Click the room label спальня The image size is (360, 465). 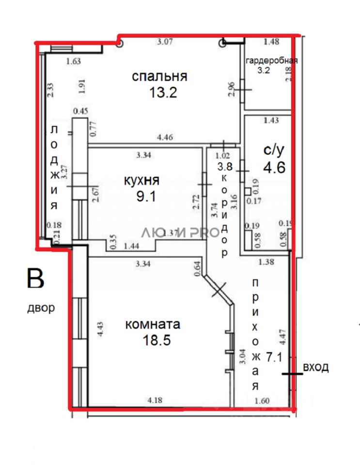coord(159,77)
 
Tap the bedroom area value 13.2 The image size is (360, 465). coord(163,93)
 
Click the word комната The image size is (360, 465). coord(153,324)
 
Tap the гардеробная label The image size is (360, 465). coord(271,61)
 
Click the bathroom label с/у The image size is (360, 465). coord(274,151)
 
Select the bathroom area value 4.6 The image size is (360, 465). coord(274,167)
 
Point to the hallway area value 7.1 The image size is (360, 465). coord(275,358)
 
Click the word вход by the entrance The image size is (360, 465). coord(315,367)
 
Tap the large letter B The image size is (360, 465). coord(36,279)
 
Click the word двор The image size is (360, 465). coord(41,308)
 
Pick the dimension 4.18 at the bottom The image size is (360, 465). coord(155,400)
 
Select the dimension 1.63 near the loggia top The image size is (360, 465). coord(73,61)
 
